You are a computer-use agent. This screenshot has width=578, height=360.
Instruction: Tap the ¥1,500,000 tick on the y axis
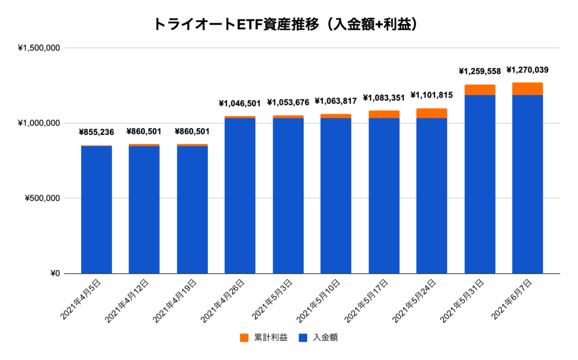[39, 48]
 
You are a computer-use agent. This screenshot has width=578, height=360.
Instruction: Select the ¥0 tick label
[54, 274]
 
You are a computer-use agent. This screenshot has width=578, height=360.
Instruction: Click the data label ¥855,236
[96, 132]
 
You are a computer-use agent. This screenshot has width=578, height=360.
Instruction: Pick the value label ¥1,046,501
[240, 103]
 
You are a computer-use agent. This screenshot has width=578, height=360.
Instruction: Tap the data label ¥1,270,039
[527, 71]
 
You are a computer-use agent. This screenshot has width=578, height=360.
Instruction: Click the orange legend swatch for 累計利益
[244, 337]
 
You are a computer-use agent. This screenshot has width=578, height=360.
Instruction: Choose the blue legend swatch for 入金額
[302, 337]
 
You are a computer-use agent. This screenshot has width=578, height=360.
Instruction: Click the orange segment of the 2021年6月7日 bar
[527, 89]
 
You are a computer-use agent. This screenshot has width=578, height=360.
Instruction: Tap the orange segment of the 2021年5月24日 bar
[431, 113]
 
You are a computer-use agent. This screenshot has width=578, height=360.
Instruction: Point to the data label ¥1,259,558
[479, 72]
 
